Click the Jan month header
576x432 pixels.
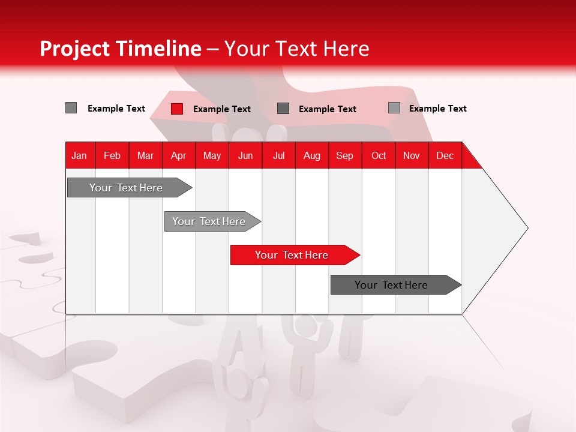[x=79, y=155]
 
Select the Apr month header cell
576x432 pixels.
[x=178, y=155]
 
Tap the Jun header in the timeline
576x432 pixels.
[x=245, y=155]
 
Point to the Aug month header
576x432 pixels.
[x=311, y=155]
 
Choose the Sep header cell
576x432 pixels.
[x=344, y=155]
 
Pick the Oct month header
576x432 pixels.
[x=378, y=155]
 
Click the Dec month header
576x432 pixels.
[x=445, y=155]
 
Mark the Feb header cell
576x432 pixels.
[x=112, y=155]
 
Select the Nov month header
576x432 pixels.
[x=411, y=155]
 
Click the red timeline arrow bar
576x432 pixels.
[x=294, y=255]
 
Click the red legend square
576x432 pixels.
[x=177, y=109]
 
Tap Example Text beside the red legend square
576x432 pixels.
[x=221, y=109]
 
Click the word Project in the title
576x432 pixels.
[x=74, y=49]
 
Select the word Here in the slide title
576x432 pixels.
[x=346, y=49]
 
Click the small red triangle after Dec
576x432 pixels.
[x=470, y=161]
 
